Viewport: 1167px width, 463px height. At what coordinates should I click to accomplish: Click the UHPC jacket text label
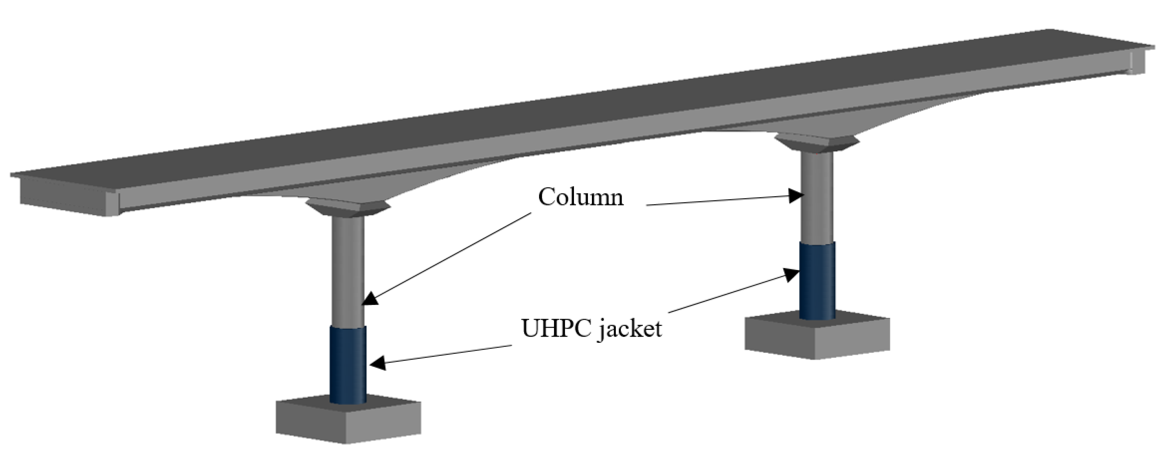pos(591,328)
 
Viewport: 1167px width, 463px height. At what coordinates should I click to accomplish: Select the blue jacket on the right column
pos(817,281)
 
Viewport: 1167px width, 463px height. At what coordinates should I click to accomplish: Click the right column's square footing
pos(817,337)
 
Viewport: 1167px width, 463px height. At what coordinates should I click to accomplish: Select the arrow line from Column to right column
pos(720,201)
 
